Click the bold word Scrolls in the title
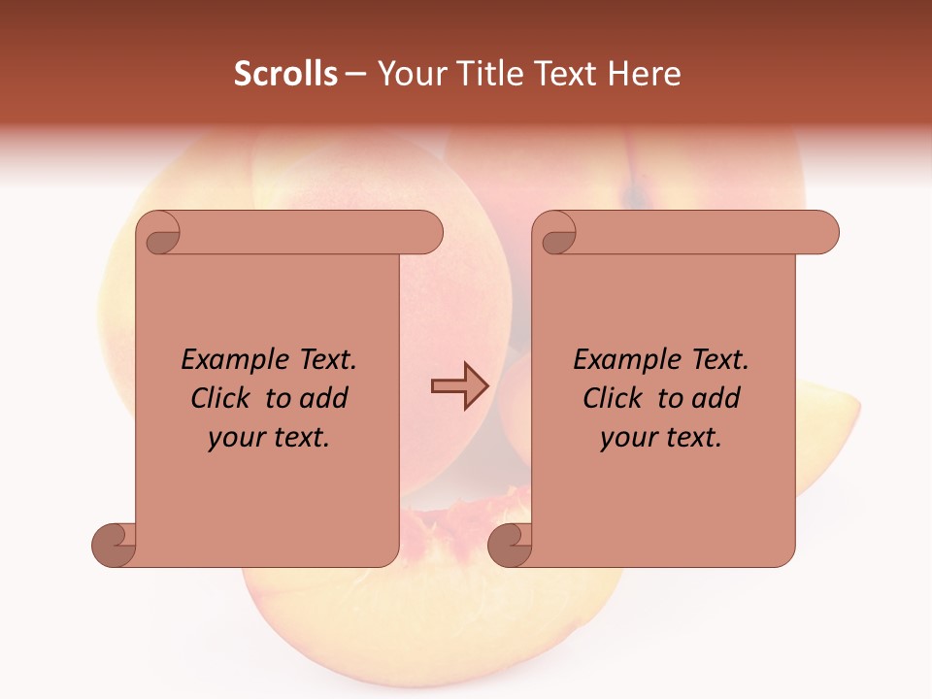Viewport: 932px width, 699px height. (x=285, y=74)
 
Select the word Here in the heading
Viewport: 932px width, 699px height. (x=644, y=74)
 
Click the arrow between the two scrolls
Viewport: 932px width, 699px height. (x=459, y=385)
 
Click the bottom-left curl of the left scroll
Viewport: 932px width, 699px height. (x=115, y=545)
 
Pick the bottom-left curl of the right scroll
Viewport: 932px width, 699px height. (x=510, y=545)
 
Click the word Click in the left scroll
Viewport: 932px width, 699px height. (x=222, y=398)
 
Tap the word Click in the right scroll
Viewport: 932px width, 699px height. (x=613, y=398)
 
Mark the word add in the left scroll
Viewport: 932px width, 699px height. (x=324, y=398)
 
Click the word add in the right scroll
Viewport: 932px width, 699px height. (x=716, y=398)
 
